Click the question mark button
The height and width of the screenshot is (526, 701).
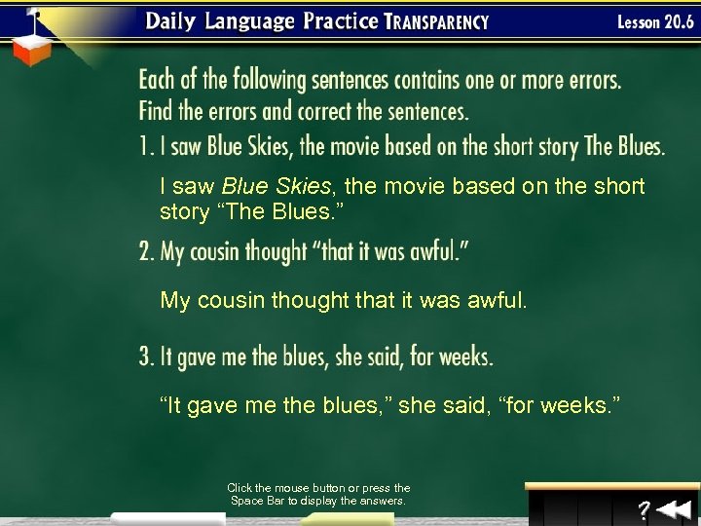[x=644, y=508]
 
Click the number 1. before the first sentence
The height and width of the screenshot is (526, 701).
[x=146, y=147]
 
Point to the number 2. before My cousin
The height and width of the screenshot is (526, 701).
[x=147, y=251]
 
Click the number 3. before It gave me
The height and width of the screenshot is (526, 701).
[x=147, y=357]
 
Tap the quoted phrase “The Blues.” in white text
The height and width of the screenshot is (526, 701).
[x=258, y=211]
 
